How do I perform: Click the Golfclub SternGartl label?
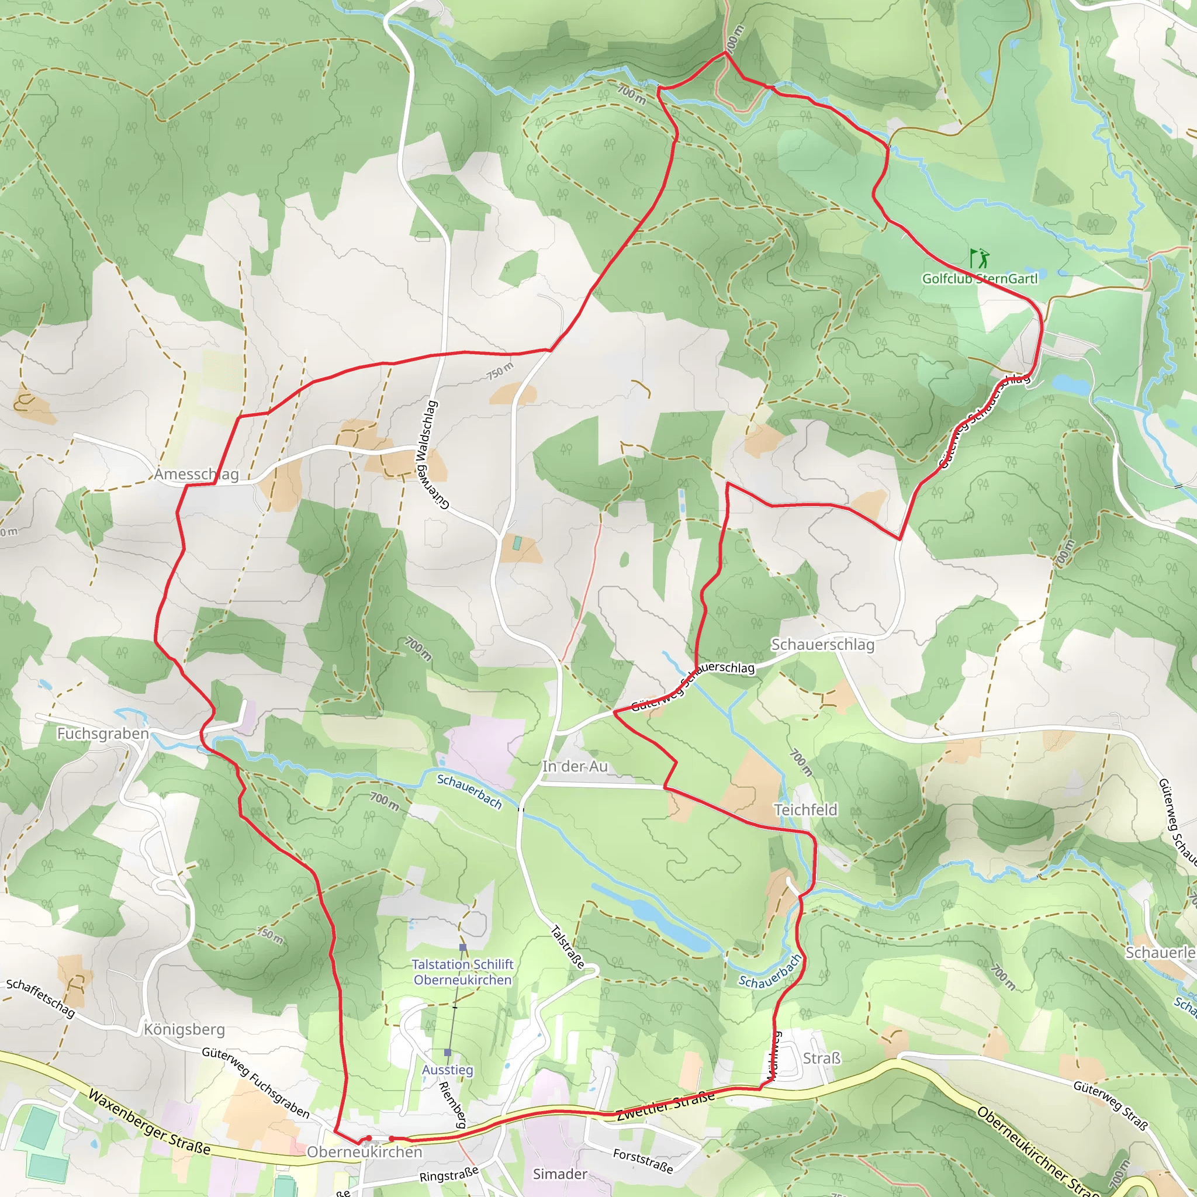(x=980, y=279)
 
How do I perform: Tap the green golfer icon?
(x=979, y=257)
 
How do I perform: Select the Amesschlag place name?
(x=196, y=475)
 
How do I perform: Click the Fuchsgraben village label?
(x=103, y=734)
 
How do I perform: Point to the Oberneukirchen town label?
(x=364, y=1152)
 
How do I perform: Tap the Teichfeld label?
(x=805, y=809)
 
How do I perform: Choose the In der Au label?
(x=575, y=766)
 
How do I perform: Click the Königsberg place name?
(x=184, y=1029)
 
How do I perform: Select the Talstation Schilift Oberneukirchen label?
(x=462, y=972)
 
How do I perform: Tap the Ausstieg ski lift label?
(x=447, y=1070)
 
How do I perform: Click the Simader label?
(x=560, y=1174)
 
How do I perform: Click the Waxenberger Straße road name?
(x=148, y=1123)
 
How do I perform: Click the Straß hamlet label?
(x=822, y=1058)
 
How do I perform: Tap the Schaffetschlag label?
(x=41, y=998)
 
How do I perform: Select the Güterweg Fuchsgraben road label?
(x=255, y=1082)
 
